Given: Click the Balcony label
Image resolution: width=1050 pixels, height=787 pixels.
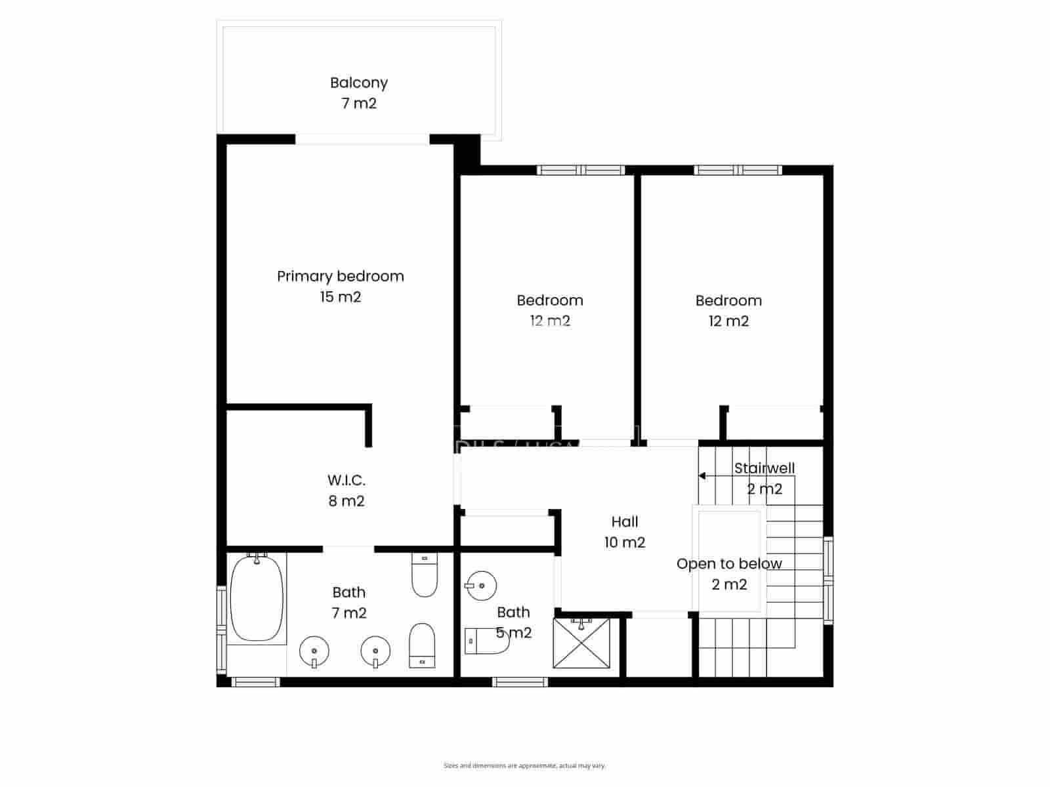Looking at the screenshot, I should pos(358,83).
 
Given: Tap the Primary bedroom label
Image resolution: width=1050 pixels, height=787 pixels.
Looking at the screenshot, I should pos(340,276).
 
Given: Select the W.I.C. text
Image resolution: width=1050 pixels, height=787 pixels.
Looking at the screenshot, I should pos(346,480).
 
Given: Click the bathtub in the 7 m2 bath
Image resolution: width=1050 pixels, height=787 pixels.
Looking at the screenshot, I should pos(257,598).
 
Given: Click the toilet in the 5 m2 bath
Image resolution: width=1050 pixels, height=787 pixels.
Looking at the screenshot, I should pos(486,641).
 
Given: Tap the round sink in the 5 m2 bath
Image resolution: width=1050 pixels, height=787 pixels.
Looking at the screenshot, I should pos(481,585).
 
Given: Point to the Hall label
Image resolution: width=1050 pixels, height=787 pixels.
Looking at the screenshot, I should pos(624,522).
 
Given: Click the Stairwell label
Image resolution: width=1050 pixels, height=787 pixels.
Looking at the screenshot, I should pos(764,468).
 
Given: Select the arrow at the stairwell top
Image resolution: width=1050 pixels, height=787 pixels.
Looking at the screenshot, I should pos(702,476).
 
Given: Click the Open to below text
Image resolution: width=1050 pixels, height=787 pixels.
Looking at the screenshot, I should pos(728,564).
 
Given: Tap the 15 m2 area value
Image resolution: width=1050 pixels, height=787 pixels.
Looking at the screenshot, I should pos(340,297).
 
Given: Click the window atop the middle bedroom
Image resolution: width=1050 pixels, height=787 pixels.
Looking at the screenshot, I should pos(581,171).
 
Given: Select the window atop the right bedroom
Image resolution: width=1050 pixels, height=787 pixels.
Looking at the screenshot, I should pos(738,171).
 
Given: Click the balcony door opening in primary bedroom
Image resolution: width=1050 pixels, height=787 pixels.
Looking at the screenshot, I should pos(362,139).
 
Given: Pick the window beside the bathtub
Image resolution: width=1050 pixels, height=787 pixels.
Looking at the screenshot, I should pos(221,630).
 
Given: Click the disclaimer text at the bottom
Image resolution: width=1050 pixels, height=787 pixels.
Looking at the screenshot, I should pos(524,765).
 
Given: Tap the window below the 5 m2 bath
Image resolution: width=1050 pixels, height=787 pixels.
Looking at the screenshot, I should pos(520,682).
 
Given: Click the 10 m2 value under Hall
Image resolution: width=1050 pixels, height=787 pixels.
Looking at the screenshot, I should pos(624,543).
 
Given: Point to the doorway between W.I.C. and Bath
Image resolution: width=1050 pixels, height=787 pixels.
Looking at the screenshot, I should pos(348,549).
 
